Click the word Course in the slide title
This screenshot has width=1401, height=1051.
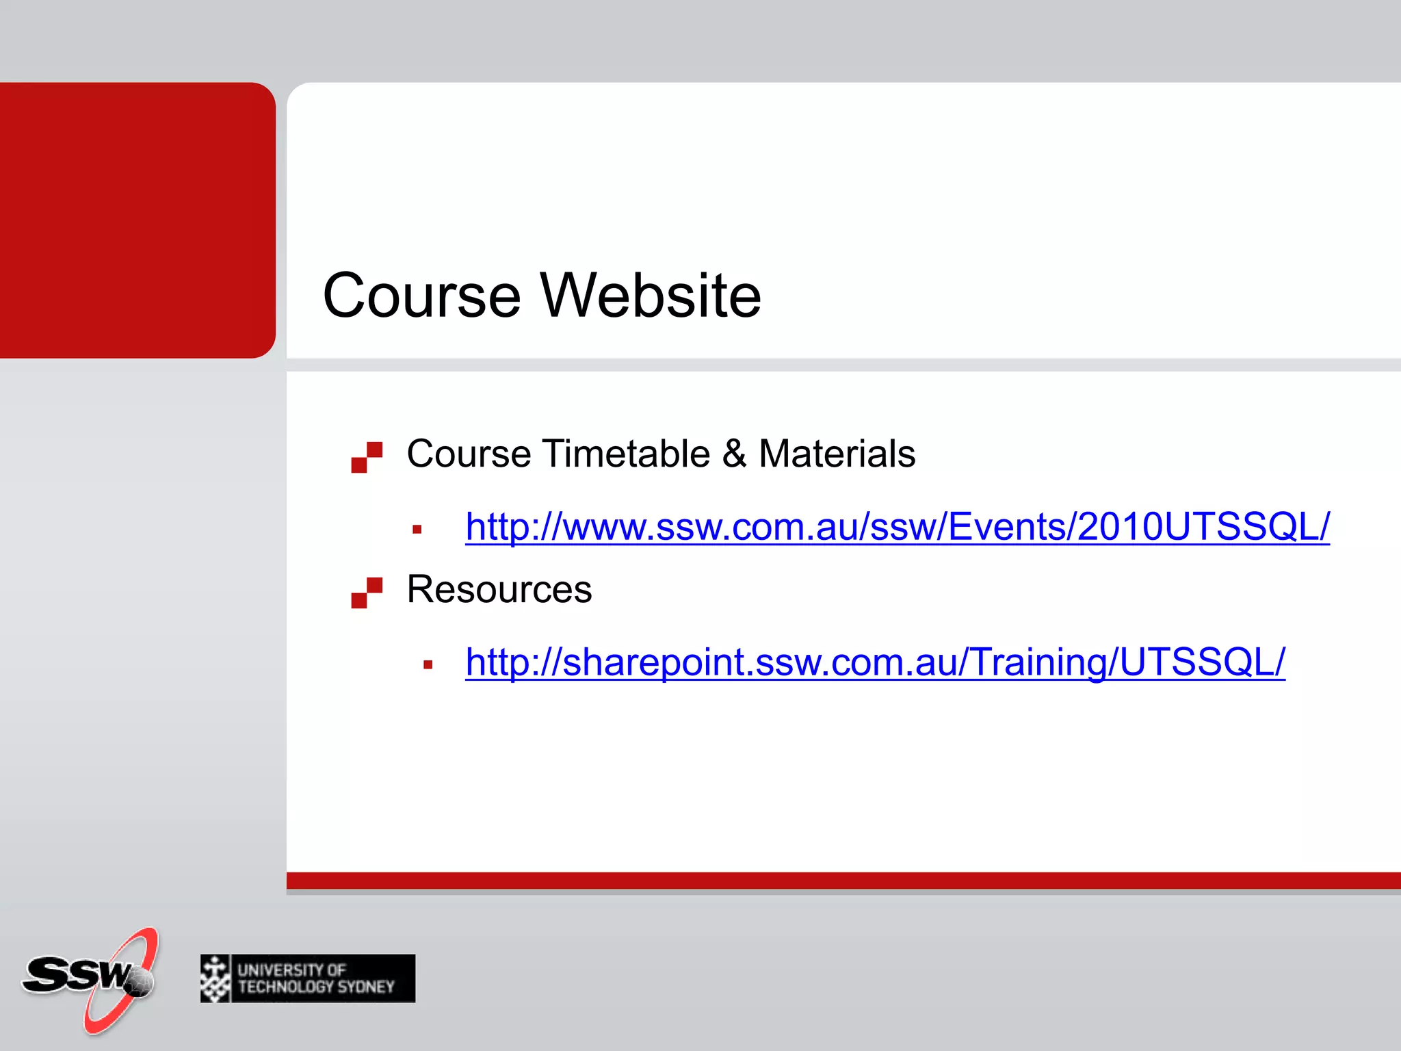pyautogui.click(x=421, y=296)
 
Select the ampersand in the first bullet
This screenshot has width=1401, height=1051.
pyautogui.click(x=734, y=454)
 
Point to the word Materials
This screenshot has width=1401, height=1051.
pyautogui.click(x=837, y=454)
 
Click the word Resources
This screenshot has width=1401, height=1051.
pyautogui.click(x=499, y=589)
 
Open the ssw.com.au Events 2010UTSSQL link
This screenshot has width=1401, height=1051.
pyautogui.click(x=896, y=527)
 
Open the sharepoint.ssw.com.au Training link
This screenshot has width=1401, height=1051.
pyautogui.click(x=874, y=662)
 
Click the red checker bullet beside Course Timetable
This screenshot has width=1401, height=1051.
pyautogui.click(x=367, y=457)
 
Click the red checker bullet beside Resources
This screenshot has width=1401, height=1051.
pyautogui.click(x=367, y=593)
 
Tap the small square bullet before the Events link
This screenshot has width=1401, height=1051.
pyautogui.click(x=417, y=529)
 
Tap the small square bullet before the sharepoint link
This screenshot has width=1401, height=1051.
pyautogui.click(x=428, y=664)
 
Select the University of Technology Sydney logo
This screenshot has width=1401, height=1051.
pyautogui.click(x=308, y=978)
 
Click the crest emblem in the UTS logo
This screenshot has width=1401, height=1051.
pyautogui.click(x=215, y=978)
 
